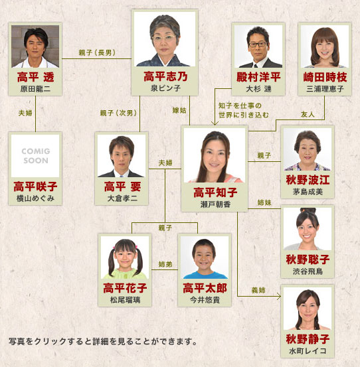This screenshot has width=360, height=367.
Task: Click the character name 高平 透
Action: [35, 77]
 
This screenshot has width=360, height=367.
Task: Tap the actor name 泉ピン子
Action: [165, 88]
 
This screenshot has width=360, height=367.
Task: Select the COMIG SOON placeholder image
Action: [35, 156]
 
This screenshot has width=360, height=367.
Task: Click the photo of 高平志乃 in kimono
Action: [165, 39]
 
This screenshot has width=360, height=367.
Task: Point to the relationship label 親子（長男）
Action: [97, 52]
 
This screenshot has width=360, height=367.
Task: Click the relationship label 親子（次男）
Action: [118, 113]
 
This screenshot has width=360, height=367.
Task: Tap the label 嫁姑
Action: [179, 110]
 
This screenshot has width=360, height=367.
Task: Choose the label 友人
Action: [308, 114]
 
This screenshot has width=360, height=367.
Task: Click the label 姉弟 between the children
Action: [165, 264]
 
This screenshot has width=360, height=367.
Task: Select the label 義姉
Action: [258, 290]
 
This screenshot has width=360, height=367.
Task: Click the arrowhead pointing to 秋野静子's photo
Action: [279, 296]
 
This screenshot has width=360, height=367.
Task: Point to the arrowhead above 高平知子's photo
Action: [215, 123]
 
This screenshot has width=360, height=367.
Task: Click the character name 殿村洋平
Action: [258, 77]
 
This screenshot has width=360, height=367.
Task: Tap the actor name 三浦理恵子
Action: [325, 89]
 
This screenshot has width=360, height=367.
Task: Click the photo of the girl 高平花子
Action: [125, 257]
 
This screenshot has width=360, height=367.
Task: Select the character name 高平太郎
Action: [205, 288]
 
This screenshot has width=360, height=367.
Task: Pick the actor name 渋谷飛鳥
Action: [308, 271]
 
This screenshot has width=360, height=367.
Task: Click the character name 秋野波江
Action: [308, 180]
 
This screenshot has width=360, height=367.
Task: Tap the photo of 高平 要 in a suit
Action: [122, 156]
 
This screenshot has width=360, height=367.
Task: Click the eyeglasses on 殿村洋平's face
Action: [258, 44]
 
